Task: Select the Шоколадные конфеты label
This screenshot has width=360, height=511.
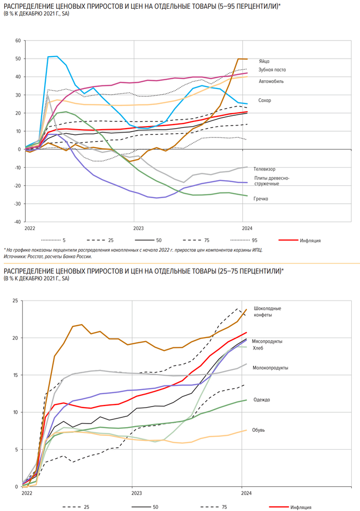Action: click(267, 311)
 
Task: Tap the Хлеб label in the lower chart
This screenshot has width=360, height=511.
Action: click(258, 348)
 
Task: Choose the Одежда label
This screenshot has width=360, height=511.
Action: click(262, 399)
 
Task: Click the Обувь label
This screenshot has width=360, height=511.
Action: click(259, 430)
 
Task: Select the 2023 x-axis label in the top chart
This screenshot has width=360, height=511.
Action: click(138, 227)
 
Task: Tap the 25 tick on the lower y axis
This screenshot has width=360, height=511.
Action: click(15, 301)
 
